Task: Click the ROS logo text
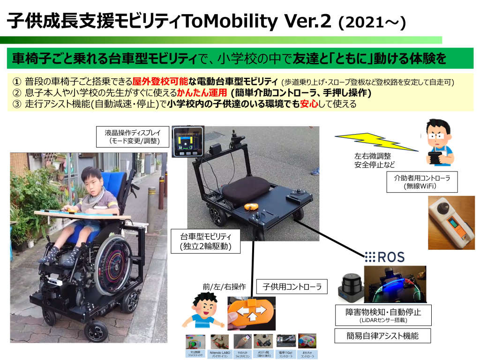[x=384, y=256]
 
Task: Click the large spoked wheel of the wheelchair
[x=115, y=265]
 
